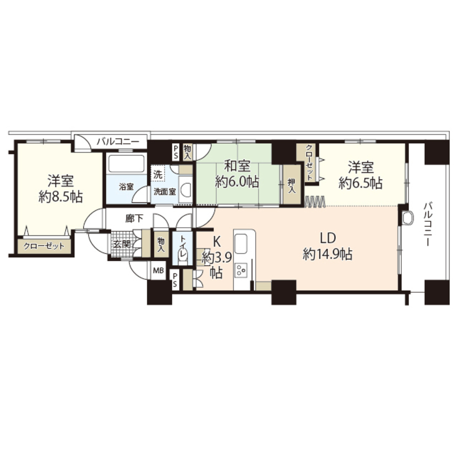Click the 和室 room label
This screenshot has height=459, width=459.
(237, 165)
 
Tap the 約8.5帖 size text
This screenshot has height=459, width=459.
(61, 197)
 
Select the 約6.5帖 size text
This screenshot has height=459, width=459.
(360, 183)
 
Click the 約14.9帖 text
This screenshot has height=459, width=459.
(328, 254)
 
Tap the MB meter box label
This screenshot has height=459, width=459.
(158, 270)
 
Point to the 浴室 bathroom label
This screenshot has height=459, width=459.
(126, 187)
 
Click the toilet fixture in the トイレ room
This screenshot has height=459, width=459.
(183, 257)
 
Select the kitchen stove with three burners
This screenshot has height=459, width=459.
(241, 270)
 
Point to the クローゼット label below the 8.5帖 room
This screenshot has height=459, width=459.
(45, 246)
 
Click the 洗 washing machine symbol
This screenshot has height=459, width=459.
(158, 174)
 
